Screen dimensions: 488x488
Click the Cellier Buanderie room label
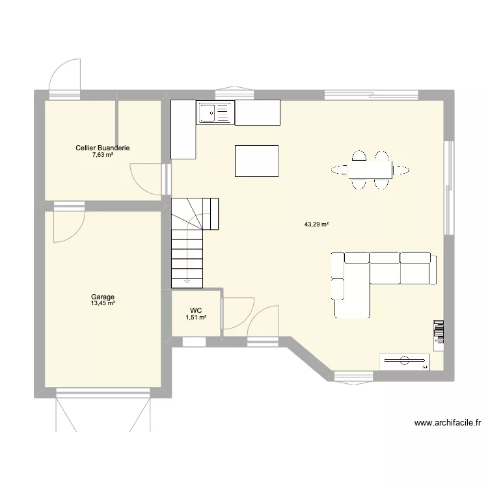pyautogui.click(x=102, y=148)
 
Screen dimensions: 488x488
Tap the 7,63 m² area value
pyautogui.click(x=102, y=155)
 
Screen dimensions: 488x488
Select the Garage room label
pyautogui.click(x=103, y=297)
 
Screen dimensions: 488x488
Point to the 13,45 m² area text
pyautogui.click(x=103, y=303)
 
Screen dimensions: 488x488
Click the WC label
pyautogui.click(x=195, y=310)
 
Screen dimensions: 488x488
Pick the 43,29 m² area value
pyautogui.click(x=316, y=224)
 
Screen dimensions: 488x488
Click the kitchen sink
pyautogui.click(x=215, y=113)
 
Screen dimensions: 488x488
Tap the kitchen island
pyautogui.click(x=256, y=161)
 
